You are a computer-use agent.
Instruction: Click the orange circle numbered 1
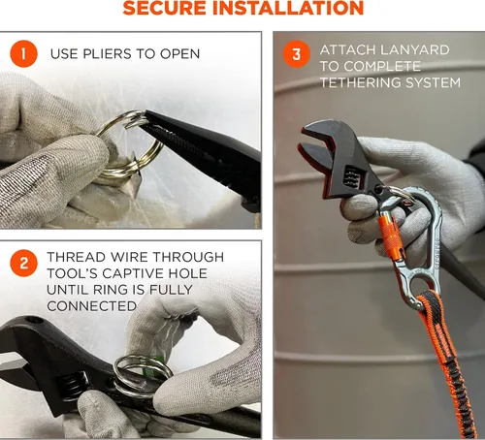point(23,53)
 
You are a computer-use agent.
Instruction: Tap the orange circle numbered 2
point(23,263)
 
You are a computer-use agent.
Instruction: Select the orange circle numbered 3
point(297,53)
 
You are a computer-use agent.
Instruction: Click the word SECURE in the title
point(165,8)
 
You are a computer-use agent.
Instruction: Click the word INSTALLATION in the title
point(288,8)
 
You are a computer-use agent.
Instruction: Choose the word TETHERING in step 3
point(361,82)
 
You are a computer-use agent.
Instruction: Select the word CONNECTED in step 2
point(92,306)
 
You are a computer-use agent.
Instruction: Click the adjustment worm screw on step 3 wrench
point(351,176)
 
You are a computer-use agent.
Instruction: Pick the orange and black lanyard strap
point(449,361)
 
